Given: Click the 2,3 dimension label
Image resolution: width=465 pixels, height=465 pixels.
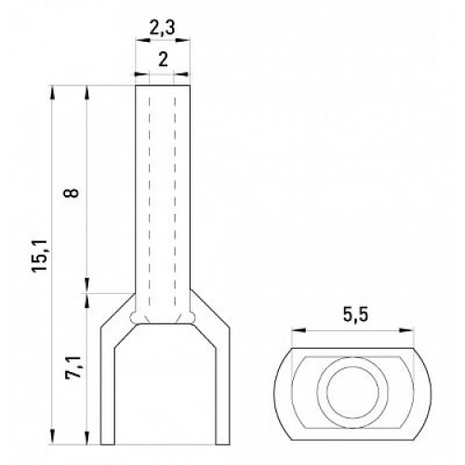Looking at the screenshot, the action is tap(162, 29).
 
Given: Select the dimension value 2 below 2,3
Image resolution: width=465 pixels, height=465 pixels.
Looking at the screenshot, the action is tap(163, 60).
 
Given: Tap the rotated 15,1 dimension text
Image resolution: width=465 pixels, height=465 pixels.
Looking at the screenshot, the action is tap(40, 256).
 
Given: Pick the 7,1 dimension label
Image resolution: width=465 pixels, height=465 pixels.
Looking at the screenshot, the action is tap(74, 367).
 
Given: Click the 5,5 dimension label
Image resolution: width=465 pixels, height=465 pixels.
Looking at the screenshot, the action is tap(355, 315).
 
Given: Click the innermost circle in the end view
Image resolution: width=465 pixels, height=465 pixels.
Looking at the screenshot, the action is tap(352, 392).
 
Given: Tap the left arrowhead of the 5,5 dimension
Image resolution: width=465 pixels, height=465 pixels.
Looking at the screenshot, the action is tap(299, 331).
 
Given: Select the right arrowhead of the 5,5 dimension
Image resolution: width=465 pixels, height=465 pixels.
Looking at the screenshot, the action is tap(407, 331).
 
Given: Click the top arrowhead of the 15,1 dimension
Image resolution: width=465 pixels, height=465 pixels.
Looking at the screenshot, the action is tap(53, 93).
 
